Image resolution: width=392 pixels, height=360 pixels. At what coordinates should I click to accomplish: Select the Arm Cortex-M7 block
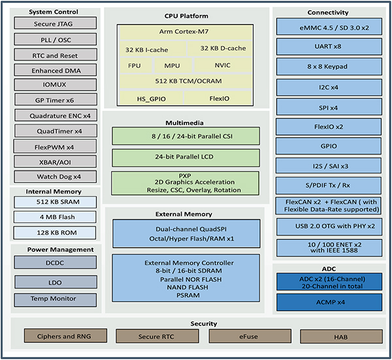coord(184,31)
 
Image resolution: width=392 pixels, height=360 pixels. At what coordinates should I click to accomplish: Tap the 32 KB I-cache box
coord(151,49)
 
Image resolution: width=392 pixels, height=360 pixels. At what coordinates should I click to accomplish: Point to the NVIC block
coord(221,65)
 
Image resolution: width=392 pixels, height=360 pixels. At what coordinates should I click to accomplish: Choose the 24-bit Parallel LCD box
coord(186,157)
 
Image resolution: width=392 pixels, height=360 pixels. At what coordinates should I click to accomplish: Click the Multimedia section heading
coord(186,122)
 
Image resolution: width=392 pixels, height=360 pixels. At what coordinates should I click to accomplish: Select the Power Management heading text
coord(55,250)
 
